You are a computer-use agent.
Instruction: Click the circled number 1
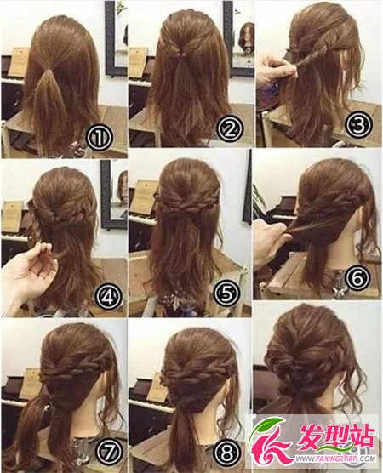point(100,137)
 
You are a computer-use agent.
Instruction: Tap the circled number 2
point(230,129)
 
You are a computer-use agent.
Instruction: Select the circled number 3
point(359,124)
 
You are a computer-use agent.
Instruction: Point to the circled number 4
point(109,296)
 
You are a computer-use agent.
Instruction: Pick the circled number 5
point(227,293)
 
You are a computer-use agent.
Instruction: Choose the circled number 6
point(358,277)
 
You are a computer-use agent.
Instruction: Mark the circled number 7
point(109,451)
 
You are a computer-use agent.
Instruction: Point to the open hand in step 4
point(29,270)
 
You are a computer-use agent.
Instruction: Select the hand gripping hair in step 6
point(272,242)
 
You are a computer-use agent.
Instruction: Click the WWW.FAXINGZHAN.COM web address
point(335,459)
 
